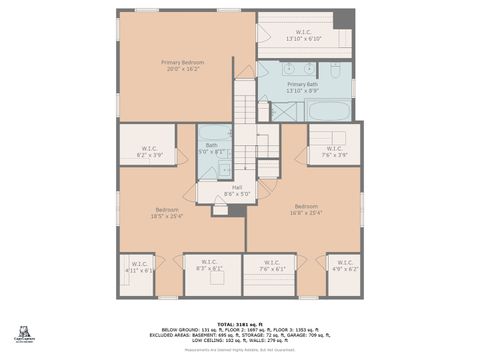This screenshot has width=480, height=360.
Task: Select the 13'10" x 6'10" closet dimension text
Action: coord(304,39)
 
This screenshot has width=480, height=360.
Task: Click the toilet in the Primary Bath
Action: coord(336,72)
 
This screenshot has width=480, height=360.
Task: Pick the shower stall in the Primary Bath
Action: coord(284,110)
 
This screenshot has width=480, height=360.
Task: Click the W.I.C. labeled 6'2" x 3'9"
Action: coord(149,152)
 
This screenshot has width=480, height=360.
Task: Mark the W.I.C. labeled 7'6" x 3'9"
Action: coord(334,152)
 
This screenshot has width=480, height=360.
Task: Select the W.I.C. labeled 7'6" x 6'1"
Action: coord(272,266)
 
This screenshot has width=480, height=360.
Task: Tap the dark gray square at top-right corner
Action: coord(344,19)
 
